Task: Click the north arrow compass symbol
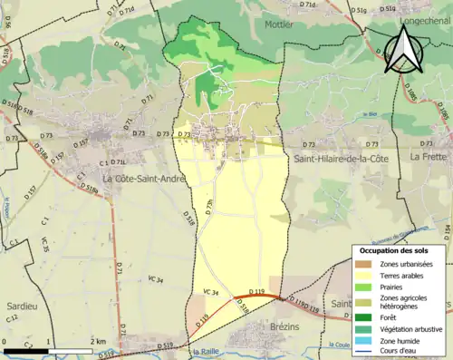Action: click(404, 49)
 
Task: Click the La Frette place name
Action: click(429, 157)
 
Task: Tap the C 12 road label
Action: click(13, 318)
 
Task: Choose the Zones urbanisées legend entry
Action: click(408, 264)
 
